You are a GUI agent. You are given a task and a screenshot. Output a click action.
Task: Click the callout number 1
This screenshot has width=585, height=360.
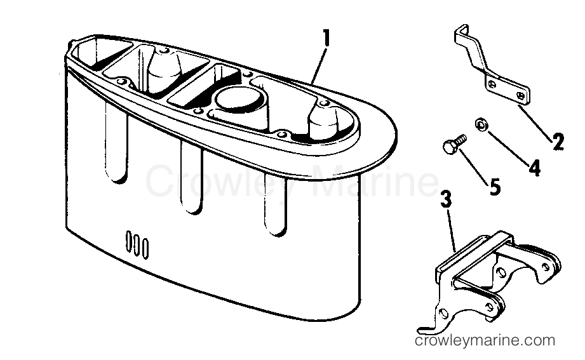click(x=326, y=39)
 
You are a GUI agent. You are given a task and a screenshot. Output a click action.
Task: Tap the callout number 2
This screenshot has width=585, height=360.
click(x=558, y=142)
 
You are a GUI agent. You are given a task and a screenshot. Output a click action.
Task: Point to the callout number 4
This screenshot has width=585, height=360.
click(x=535, y=168)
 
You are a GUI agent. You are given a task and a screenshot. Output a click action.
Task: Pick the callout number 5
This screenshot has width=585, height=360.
click(x=495, y=187)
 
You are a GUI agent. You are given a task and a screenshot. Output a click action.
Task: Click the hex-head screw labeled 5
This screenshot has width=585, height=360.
click(x=454, y=143)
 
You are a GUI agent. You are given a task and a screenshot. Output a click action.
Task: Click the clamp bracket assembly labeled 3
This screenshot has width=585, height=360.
click(x=492, y=276)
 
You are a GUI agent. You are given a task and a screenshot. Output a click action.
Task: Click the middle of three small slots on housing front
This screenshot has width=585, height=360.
click(x=137, y=244)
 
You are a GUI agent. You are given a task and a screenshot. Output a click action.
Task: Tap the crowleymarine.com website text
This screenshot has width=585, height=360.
click(x=485, y=340)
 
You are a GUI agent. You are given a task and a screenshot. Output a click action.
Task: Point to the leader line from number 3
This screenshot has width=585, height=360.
click(x=451, y=230)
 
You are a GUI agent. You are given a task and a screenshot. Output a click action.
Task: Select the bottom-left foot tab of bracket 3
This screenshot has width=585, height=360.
click(x=427, y=329)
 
